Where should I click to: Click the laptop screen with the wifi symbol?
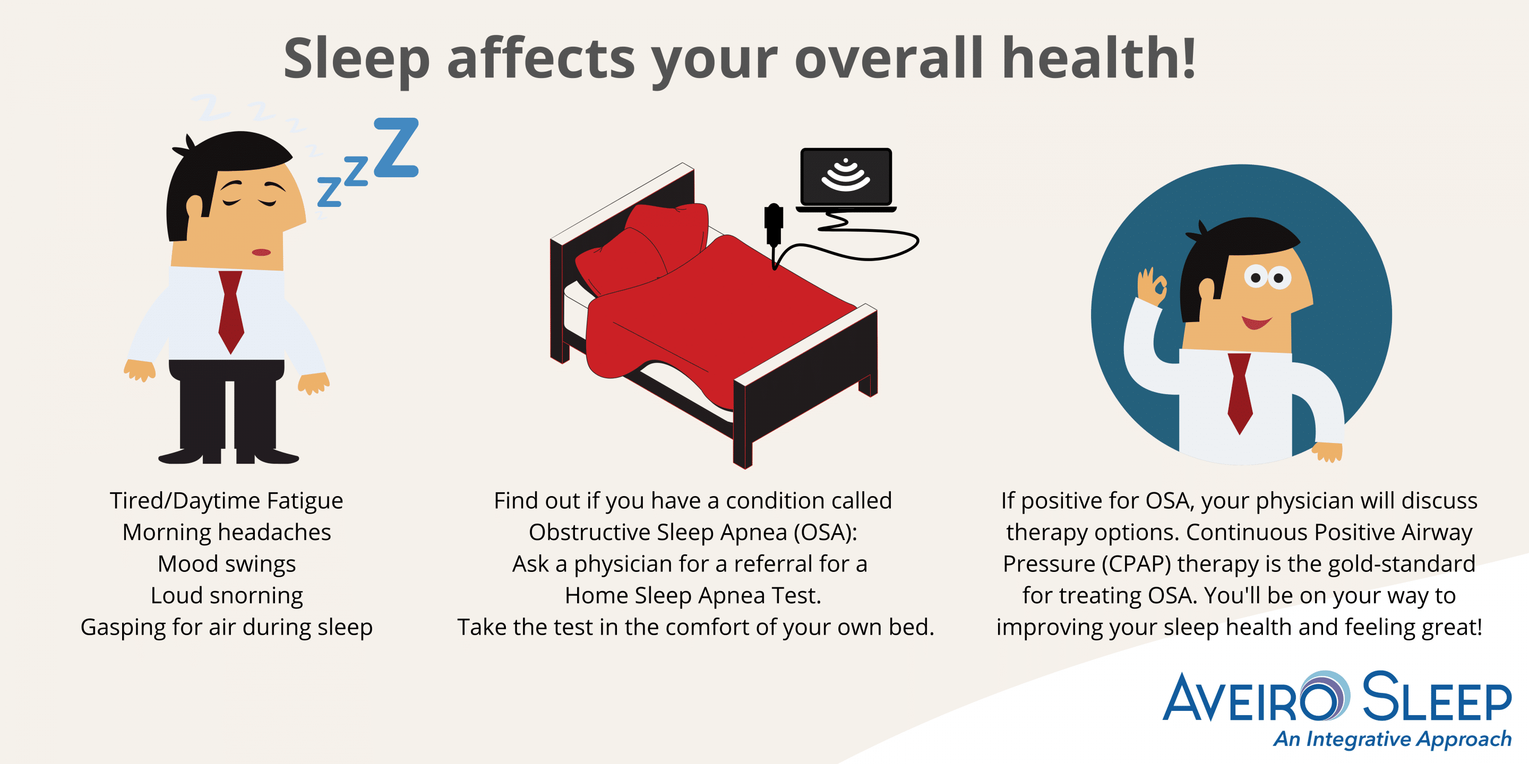pyautogui.click(x=846, y=177)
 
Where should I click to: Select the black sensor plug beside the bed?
pyautogui.click(x=774, y=225)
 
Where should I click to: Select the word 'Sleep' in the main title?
pyautogui.click(x=357, y=60)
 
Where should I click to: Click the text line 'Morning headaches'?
pyautogui.click(x=227, y=532)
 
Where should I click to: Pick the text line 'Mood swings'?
pyautogui.click(x=227, y=564)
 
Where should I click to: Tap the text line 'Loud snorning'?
pyautogui.click(x=227, y=595)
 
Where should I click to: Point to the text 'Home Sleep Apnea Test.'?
pyautogui.click(x=693, y=595)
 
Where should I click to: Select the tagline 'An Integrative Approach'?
pyautogui.click(x=1392, y=739)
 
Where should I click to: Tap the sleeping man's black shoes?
pyautogui.click(x=228, y=456)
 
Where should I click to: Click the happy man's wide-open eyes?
pyautogui.click(x=1267, y=277)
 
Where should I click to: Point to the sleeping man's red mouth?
pyautogui.click(x=261, y=252)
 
